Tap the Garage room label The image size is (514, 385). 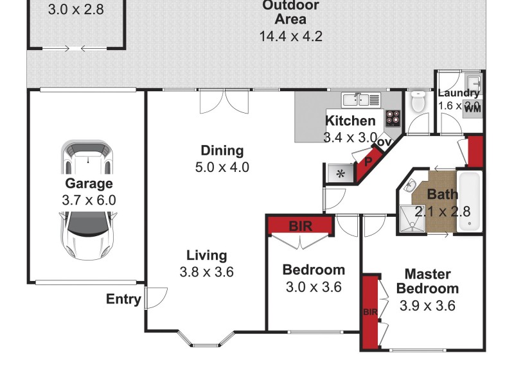89,184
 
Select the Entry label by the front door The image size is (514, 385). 123,299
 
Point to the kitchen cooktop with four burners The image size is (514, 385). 393,119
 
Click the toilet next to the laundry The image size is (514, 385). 418,101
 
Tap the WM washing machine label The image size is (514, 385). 472,108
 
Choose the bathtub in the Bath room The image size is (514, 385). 470,201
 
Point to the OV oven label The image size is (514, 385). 384,142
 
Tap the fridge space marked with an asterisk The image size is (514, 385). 341,173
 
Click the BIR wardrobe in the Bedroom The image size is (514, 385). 300,225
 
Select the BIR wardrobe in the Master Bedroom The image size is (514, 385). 370,312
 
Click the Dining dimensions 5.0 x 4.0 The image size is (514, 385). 222,167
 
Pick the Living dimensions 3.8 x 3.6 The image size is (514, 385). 206,271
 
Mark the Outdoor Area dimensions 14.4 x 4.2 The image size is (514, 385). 290,36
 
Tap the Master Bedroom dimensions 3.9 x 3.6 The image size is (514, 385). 427,306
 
